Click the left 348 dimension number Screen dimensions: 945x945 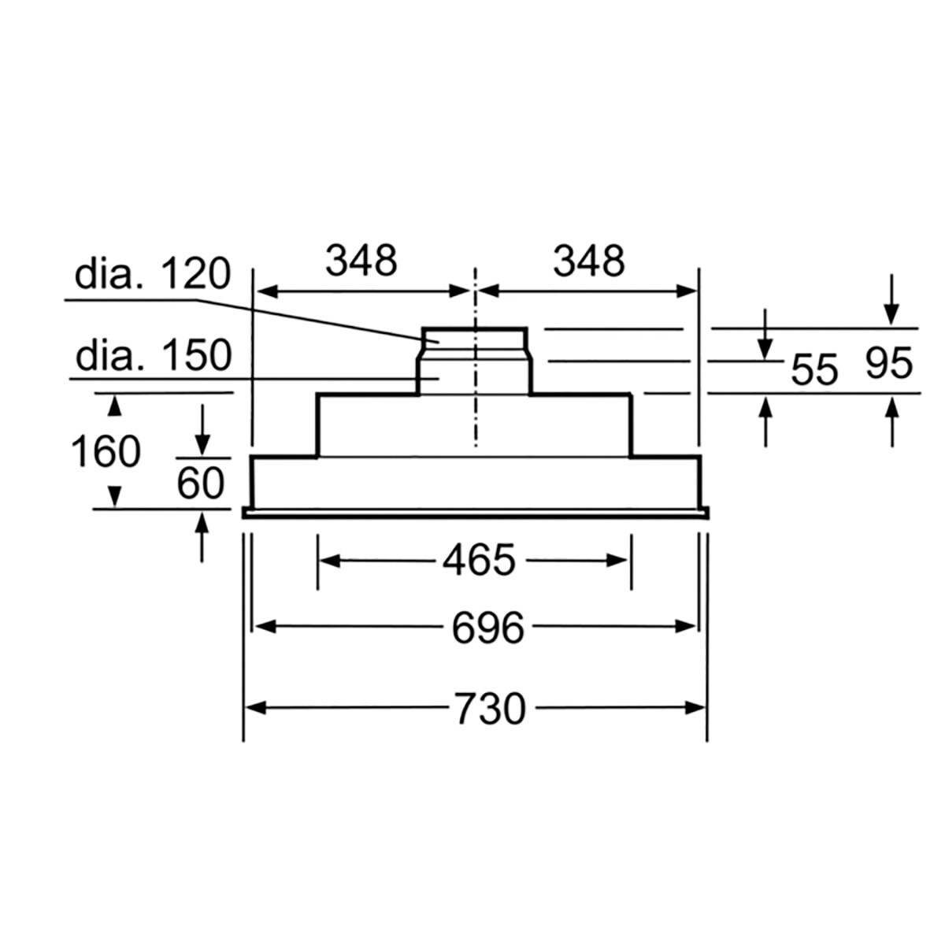(361, 261)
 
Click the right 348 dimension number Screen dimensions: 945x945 (589, 261)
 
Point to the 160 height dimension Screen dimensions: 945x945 (106, 452)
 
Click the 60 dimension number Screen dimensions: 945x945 (201, 483)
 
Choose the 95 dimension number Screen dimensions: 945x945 (889, 363)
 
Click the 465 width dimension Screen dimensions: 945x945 (479, 560)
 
